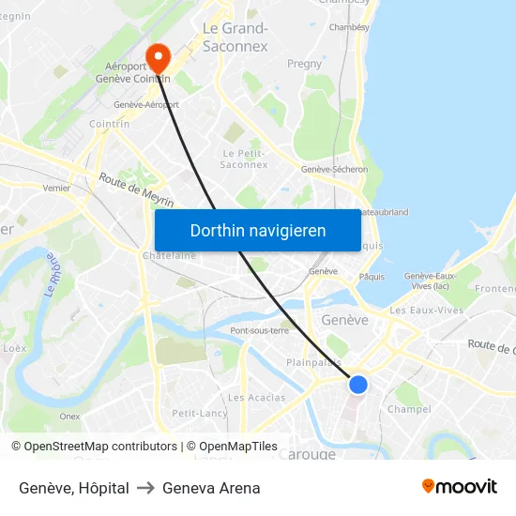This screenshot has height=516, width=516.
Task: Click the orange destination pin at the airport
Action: click(x=159, y=58)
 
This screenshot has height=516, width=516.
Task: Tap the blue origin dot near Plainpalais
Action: click(x=357, y=384)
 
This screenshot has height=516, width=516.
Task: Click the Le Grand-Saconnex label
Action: click(x=235, y=38)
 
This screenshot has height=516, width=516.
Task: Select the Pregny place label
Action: click(x=305, y=64)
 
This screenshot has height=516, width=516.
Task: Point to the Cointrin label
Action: click(x=109, y=123)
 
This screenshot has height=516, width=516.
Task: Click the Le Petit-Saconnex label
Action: click(x=244, y=159)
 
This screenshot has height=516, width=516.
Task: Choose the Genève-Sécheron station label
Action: click(x=334, y=170)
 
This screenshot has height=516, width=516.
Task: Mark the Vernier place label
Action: click(x=56, y=188)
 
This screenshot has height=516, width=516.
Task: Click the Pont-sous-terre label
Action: click(x=260, y=330)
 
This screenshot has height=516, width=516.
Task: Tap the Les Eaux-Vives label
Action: click(x=426, y=311)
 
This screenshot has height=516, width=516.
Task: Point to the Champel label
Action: click(x=409, y=409)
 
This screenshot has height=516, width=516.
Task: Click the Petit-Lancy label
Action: click(x=199, y=413)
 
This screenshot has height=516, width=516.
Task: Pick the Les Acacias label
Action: click(x=256, y=398)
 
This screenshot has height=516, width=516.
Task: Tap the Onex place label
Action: click(x=69, y=417)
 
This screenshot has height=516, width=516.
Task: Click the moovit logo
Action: click(x=459, y=487)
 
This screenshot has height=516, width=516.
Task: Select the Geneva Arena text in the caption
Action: click(x=211, y=488)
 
